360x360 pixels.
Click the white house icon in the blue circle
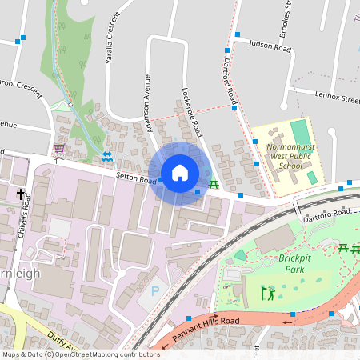point(180,173)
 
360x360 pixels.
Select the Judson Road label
point(269,47)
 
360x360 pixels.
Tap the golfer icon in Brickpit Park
point(267,294)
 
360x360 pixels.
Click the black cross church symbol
point(20,194)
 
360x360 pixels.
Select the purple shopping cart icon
point(58,148)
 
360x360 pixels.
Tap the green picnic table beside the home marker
point(214,185)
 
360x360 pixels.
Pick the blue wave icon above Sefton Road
point(106,157)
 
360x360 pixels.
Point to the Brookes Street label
point(285,21)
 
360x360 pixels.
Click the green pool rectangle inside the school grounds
point(299,130)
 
